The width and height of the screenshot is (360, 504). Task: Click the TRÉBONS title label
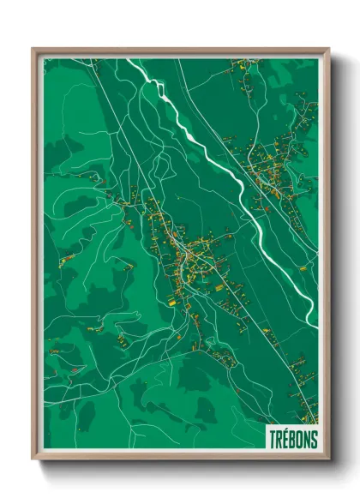point(291,437)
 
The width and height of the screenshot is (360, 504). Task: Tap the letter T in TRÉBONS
point(273,437)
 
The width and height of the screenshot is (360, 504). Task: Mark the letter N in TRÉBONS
point(307,437)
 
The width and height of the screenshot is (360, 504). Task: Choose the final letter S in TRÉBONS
point(314,437)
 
